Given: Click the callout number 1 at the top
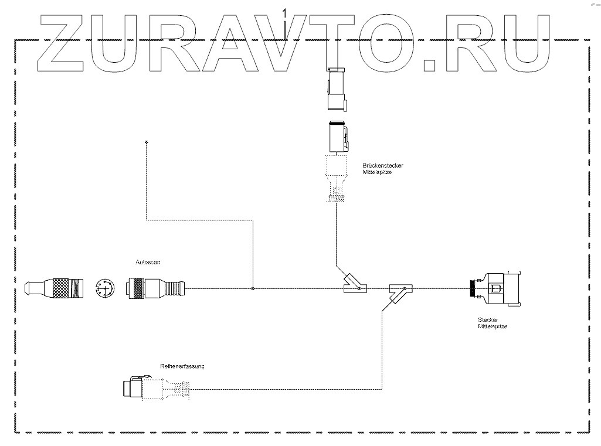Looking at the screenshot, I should tap(284, 12).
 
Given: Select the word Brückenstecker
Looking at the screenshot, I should tap(383, 166).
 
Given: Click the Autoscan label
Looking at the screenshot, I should tap(148, 263).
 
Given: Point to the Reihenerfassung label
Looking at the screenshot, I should tap(182, 366).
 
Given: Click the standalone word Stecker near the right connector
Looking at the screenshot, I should tap(488, 320).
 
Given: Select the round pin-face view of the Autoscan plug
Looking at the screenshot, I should tap(106, 288).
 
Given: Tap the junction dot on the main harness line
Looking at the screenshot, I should tap(253, 288).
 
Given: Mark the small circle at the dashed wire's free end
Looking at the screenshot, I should tap(145, 142).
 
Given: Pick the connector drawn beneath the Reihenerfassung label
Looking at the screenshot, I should tap(156, 387).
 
